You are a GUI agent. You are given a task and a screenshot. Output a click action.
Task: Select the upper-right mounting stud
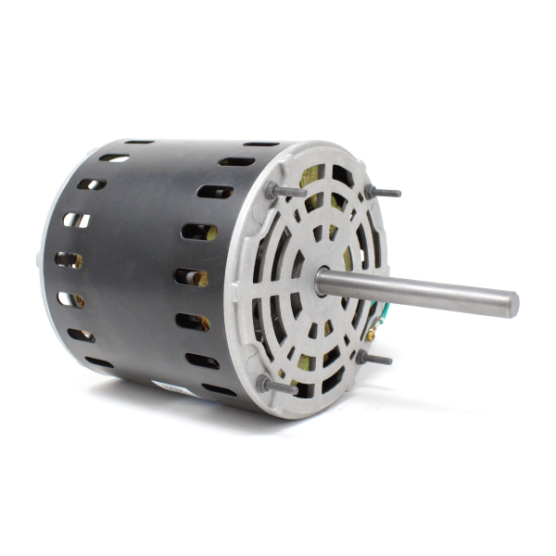point(383,192)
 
